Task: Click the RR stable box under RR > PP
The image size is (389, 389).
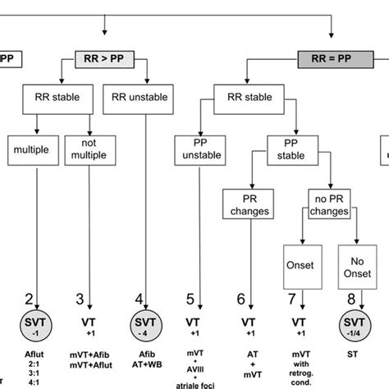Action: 57,97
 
